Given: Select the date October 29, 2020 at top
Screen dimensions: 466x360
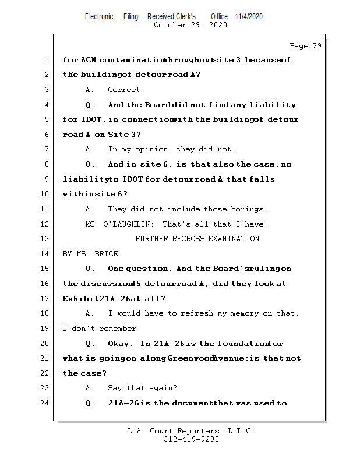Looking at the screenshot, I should tap(190, 25).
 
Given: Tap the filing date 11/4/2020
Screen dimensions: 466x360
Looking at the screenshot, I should tap(249, 16).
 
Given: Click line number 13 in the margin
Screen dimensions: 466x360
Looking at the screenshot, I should tap(45, 239).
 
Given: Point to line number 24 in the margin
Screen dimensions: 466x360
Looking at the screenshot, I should tap(45, 403).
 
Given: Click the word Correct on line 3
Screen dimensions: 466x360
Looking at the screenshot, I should tap(126, 90).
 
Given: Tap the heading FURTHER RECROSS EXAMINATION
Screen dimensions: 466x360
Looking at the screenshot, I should tap(197, 239).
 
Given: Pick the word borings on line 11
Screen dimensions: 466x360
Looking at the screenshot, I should tap(249, 209).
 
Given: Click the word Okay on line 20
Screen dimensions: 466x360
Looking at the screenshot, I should tap(120, 344).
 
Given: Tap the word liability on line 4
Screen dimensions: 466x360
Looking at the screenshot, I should tap(273, 105).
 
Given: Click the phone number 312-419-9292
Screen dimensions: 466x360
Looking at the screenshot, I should tap(191, 439).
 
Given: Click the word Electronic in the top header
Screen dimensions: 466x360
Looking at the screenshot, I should tap(99, 16).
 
